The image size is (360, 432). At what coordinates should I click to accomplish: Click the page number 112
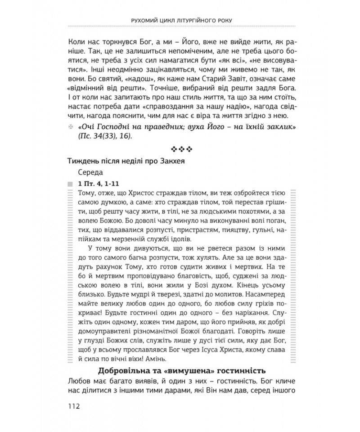[72, 406]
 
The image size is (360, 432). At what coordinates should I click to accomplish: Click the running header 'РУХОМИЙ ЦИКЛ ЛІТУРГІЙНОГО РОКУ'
[180, 20]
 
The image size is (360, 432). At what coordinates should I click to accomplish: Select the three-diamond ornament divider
[180, 148]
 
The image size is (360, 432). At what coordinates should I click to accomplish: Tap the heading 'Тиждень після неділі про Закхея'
[126, 161]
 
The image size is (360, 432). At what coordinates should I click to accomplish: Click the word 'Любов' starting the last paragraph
[78, 382]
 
